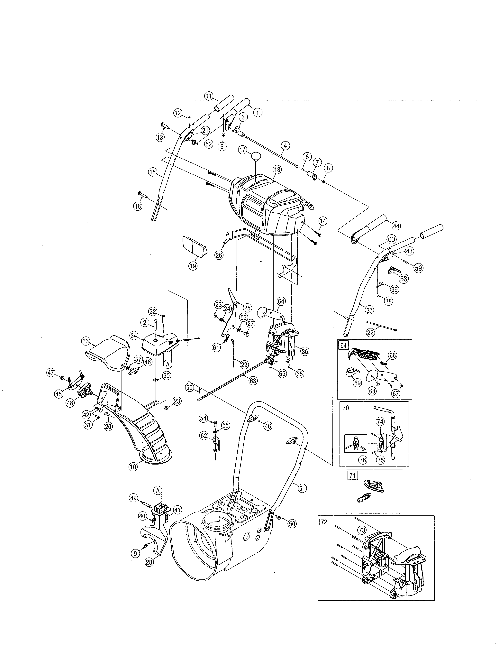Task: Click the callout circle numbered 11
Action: [x=209, y=96]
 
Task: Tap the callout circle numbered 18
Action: [x=277, y=170]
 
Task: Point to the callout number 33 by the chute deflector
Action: [x=86, y=341]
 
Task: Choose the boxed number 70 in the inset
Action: [x=346, y=408]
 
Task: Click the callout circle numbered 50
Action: [x=292, y=523]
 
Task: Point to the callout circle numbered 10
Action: [x=133, y=467]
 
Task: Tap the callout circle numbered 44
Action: [x=396, y=226]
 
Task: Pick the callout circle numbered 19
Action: [x=193, y=266]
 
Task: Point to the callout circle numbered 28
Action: [x=149, y=562]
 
